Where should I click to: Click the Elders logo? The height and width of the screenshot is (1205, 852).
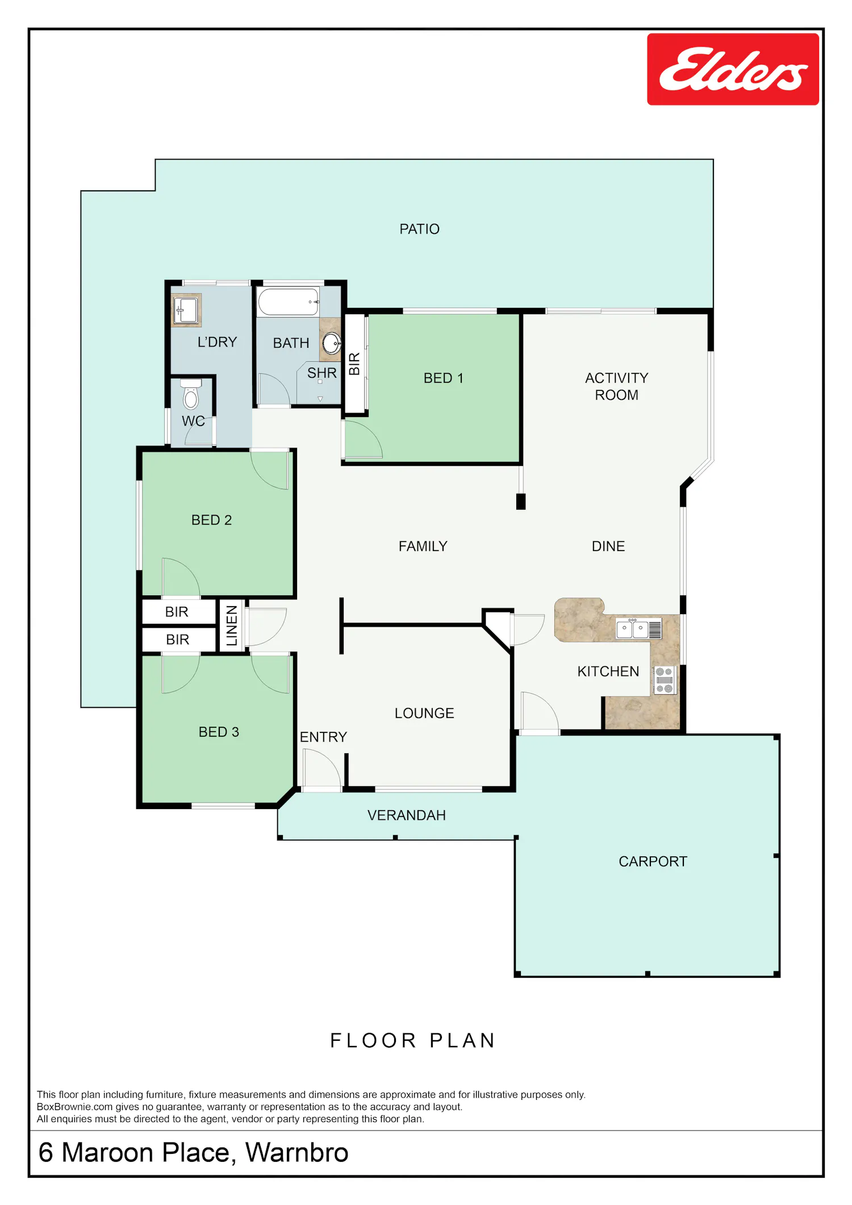click(733, 69)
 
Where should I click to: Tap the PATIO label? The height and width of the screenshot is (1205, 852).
click(419, 229)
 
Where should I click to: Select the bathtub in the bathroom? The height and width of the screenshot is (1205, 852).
click(288, 302)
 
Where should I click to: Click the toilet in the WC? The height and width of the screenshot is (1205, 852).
click(191, 394)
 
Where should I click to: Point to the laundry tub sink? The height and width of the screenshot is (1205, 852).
click(186, 310)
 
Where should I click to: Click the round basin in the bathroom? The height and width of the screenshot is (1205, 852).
click(332, 343)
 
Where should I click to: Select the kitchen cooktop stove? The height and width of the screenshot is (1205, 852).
click(664, 680)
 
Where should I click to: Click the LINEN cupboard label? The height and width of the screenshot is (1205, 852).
click(232, 626)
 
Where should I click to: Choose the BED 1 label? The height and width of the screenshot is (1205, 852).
click(444, 378)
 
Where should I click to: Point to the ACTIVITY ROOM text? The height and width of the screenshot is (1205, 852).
click(616, 386)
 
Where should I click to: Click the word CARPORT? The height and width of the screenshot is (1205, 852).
click(653, 861)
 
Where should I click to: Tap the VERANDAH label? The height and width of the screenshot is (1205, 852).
click(407, 815)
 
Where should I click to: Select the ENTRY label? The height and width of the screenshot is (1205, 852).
click(323, 737)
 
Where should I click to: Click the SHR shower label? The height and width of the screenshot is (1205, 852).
click(322, 373)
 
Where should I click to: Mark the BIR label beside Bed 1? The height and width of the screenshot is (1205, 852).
click(354, 364)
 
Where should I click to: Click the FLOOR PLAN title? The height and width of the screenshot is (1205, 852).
click(413, 1040)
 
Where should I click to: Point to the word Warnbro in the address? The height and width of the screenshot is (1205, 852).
click(297, 1152)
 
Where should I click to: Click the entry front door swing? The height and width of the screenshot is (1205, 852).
click(322, 769)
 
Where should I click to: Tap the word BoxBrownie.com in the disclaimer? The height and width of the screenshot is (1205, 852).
click(75, 1107)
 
